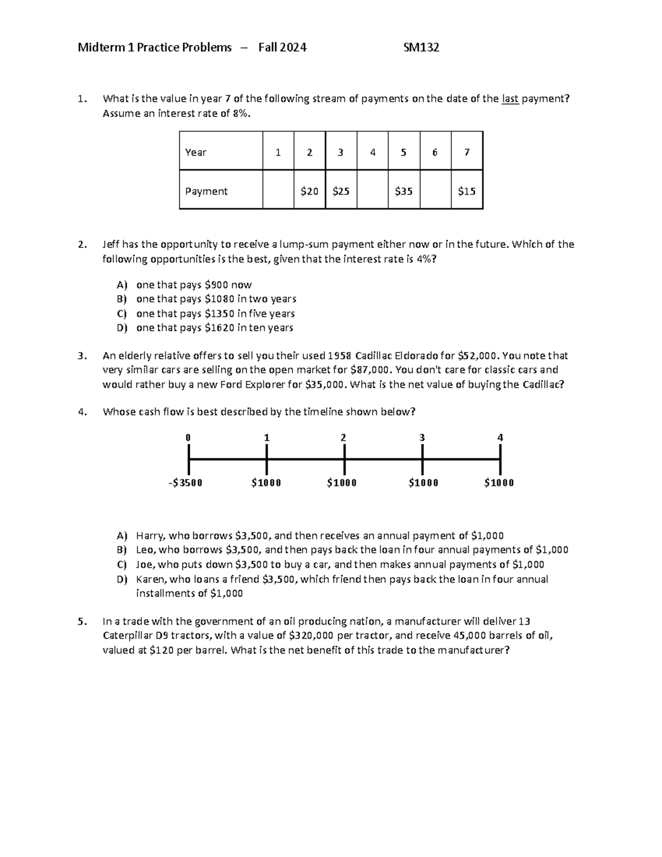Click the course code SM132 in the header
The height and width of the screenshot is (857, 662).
[421, 47]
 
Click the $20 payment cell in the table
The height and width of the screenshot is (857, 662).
[309, 191]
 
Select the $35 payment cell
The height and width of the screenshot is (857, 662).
[403, 191]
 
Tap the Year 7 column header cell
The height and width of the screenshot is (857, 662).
[467, 152]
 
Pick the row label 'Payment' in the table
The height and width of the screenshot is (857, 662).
[206, 191]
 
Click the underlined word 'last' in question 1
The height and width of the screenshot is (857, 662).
[510, 99]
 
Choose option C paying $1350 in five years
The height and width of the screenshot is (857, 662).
[215, 313]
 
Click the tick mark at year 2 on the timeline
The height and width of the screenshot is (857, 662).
[344, 459]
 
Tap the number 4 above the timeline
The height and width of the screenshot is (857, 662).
[500, 438]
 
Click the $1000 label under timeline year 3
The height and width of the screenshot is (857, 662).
[423, 483]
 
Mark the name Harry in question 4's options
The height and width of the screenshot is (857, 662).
[150, 535]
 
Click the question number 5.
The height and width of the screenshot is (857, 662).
[82, 621]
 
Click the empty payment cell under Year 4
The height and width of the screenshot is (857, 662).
[372, 191]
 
